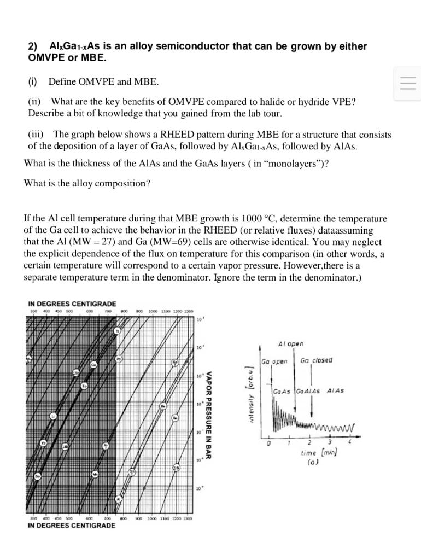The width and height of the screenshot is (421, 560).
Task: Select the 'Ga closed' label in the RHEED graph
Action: pos(316,360)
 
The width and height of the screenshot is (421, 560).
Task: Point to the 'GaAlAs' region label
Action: pos(307,391)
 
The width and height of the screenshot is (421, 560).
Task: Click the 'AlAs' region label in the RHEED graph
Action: pos(335,391)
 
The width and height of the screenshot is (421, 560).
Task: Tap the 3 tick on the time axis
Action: pos(329,442)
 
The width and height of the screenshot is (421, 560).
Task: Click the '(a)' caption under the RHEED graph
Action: pos(314,462)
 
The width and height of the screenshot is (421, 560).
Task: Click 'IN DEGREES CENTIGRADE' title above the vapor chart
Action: pos(72,304)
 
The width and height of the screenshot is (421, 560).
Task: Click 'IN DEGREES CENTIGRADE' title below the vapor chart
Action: pos(71,526)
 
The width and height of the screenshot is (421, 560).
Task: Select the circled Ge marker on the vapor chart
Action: pos(176,418)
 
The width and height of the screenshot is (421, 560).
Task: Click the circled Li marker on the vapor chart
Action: pos(53,416)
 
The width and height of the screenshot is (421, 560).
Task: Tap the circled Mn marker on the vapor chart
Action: pos(95,474)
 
